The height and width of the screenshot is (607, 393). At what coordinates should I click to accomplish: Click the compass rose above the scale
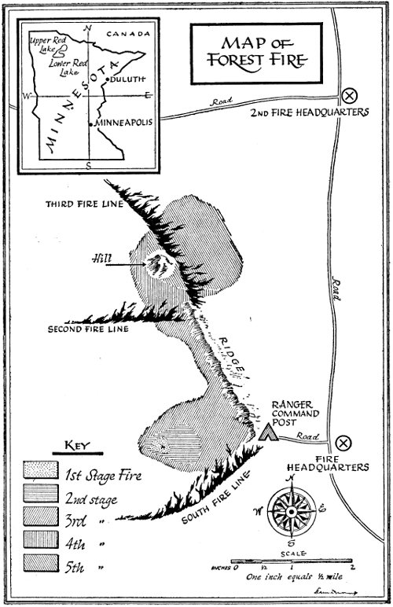[x=291, y=511]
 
